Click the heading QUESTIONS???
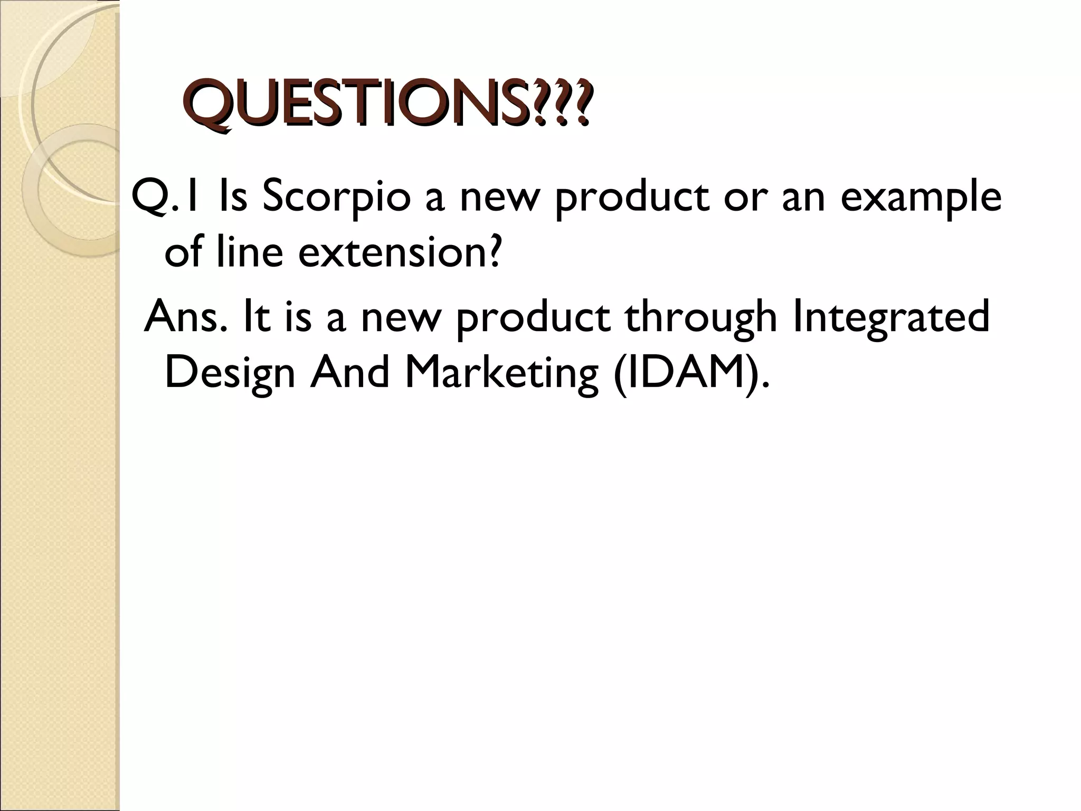click(388, 103)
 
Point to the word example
click(921, 198)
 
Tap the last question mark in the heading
click(579, 103)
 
